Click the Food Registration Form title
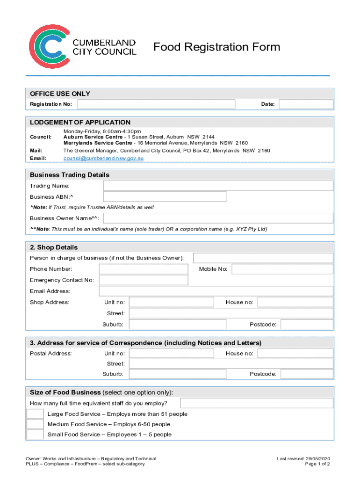(217, 47)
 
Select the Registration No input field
(156, 104)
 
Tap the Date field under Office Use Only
(306, 104)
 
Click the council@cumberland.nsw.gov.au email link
(103, 159)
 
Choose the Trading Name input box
(218, 186)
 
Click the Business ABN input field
(165, 196)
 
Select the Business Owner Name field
(218, 218)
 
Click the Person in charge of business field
(263, 258)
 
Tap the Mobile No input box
(282, 269)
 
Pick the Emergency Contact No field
(144, 280)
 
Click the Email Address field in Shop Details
(216, 291)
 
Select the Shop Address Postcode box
(307, 324)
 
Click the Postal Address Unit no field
(171, 353)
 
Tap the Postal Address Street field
(231, 363)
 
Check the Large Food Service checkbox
(35, 414)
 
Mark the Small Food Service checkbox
(35, 435)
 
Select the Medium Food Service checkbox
(35, 424)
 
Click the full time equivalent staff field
(257, 403)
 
